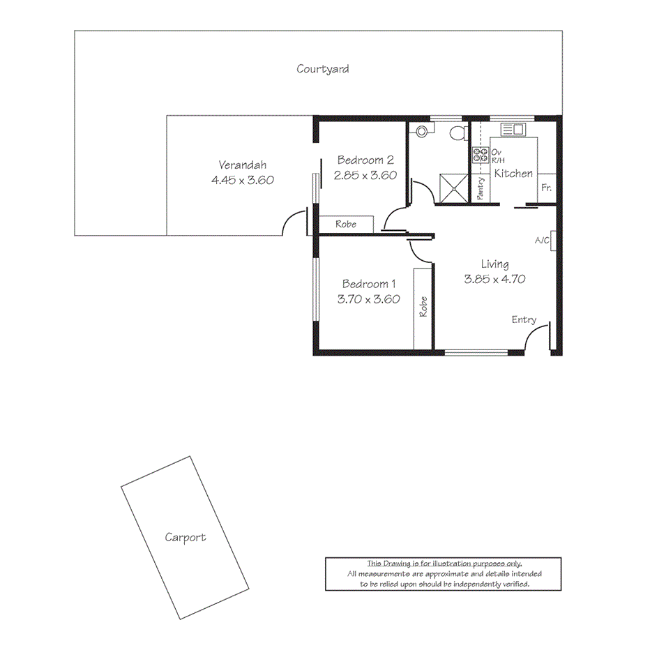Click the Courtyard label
click(x=322, y=69)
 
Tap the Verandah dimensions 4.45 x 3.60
click(x=242, y=179)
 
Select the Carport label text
click(x=185, y=537)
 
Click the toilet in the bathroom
click(x=458, y=133)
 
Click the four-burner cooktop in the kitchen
click(x=481, y=155)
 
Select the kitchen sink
click(x=513, y=129)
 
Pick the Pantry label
click(x=481, y=188)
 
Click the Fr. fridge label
click(x=547, y=188)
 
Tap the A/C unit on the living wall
click(x=552, y=239)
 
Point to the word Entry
click(x=524, y=319)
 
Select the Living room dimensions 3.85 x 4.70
click(x=494, y=279)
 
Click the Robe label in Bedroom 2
click(x=346, y=225)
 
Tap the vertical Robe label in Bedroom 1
click(x=423, y=308)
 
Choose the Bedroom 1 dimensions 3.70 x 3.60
click(x=368, y=299)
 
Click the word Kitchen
click(x=513, y=174)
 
